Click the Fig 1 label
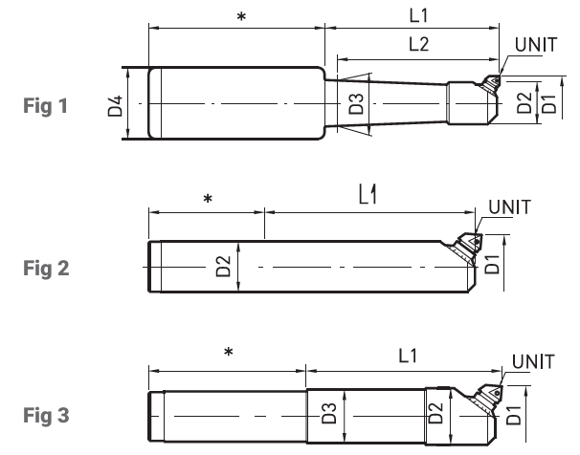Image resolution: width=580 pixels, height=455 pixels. coord(46,106)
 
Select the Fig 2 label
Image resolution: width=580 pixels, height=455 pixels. coord(46,269)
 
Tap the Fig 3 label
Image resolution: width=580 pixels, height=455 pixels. coord(46,416)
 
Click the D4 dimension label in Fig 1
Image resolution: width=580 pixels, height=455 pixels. coord(115,106)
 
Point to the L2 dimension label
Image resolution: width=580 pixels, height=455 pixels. coord(418,44)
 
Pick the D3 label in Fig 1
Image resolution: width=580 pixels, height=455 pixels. coord(357,104)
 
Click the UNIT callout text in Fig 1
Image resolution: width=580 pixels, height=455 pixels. coord(536,45)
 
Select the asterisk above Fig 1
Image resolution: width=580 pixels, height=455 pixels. coord(241,16)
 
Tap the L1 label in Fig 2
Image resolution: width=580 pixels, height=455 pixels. coord(368,195)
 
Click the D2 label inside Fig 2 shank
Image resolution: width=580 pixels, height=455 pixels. coord(223,267)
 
